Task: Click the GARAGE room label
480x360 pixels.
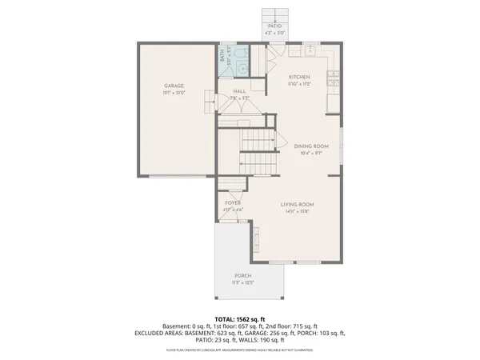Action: (174, 85)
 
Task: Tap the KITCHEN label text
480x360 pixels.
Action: (299, 77)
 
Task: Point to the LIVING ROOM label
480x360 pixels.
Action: (296, 205)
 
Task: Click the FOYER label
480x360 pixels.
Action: (233, 203)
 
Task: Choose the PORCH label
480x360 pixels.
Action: (243, 275)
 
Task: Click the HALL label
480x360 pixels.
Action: (239, 92)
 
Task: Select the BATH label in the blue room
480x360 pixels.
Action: (222, 54)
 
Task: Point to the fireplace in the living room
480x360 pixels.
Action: (256, 237)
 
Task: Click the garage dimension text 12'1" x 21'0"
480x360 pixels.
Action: (174, 92)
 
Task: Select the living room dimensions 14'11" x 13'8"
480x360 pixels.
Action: (296, 212)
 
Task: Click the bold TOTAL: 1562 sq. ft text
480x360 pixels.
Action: (240, 318)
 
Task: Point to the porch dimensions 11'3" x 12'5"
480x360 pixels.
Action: (243, 282)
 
